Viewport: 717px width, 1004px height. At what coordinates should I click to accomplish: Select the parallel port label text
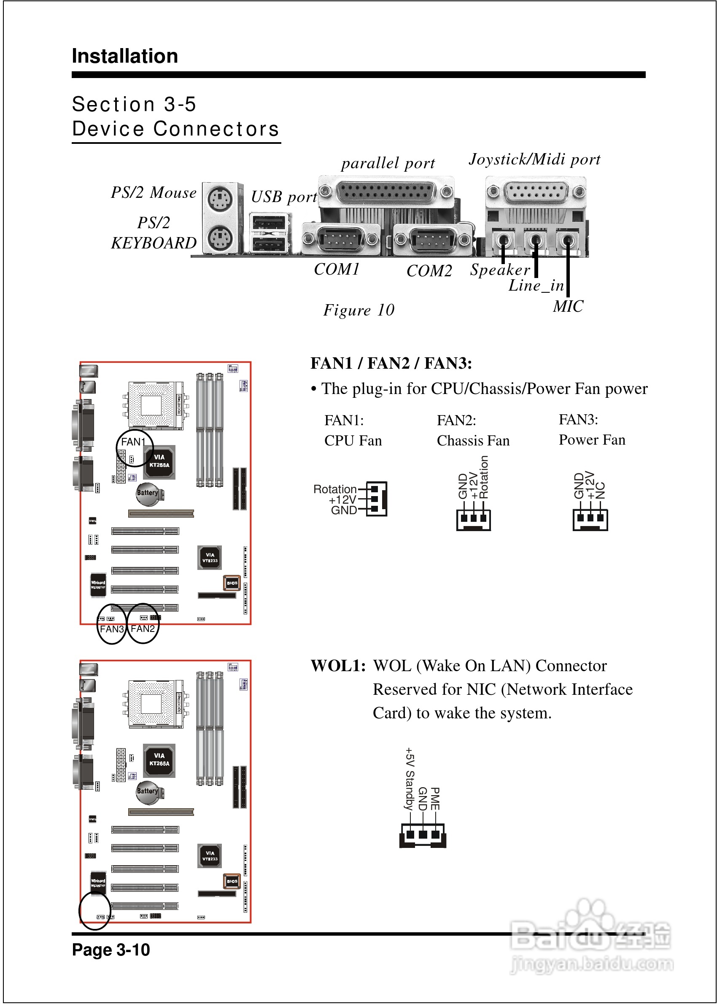click(388, 163)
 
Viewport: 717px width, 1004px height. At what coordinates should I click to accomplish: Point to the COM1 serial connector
click(340, 239)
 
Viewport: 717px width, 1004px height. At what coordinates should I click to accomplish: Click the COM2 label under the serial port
click(429, 271)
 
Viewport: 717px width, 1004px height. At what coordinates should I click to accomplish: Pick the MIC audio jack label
click(568, 306)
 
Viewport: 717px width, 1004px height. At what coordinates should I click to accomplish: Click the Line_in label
click(536, 286)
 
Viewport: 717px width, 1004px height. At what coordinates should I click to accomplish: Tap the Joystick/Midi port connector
click(536, 192)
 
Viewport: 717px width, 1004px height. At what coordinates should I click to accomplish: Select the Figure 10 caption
click(358, 310)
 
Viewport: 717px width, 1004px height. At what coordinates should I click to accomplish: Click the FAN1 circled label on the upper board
click(133, 442)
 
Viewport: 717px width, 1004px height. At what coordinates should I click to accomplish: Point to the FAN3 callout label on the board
click(112, 629)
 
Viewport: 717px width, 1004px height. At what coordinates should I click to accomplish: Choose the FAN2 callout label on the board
click(143, 628)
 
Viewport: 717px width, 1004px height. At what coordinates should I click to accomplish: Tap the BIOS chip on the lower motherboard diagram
click(232, 881)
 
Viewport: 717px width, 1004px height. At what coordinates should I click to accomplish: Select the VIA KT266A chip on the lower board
click(159, 760)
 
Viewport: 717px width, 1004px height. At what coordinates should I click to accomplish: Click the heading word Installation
click(125, 56)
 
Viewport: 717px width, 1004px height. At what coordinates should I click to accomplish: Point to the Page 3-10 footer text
click(111, 950)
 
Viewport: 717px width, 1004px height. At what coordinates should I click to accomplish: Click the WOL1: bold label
click(338, 666)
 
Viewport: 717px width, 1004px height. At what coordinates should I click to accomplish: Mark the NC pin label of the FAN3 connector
click(600, 490)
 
